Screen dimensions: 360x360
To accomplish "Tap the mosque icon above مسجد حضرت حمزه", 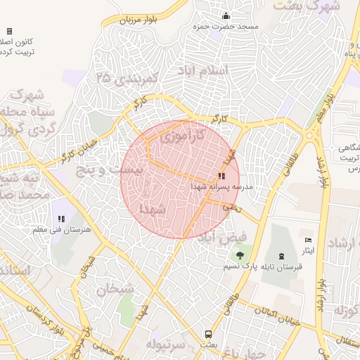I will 226,15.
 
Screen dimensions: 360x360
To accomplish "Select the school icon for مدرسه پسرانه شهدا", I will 221,176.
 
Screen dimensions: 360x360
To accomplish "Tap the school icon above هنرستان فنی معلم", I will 61,219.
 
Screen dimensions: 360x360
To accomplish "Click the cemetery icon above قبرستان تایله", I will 283,255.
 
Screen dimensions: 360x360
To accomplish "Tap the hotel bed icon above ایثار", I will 308,240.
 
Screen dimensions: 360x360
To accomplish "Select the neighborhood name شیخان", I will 115,288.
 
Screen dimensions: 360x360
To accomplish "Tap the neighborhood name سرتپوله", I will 165,344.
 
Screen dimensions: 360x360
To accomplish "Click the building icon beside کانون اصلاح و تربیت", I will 9,31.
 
